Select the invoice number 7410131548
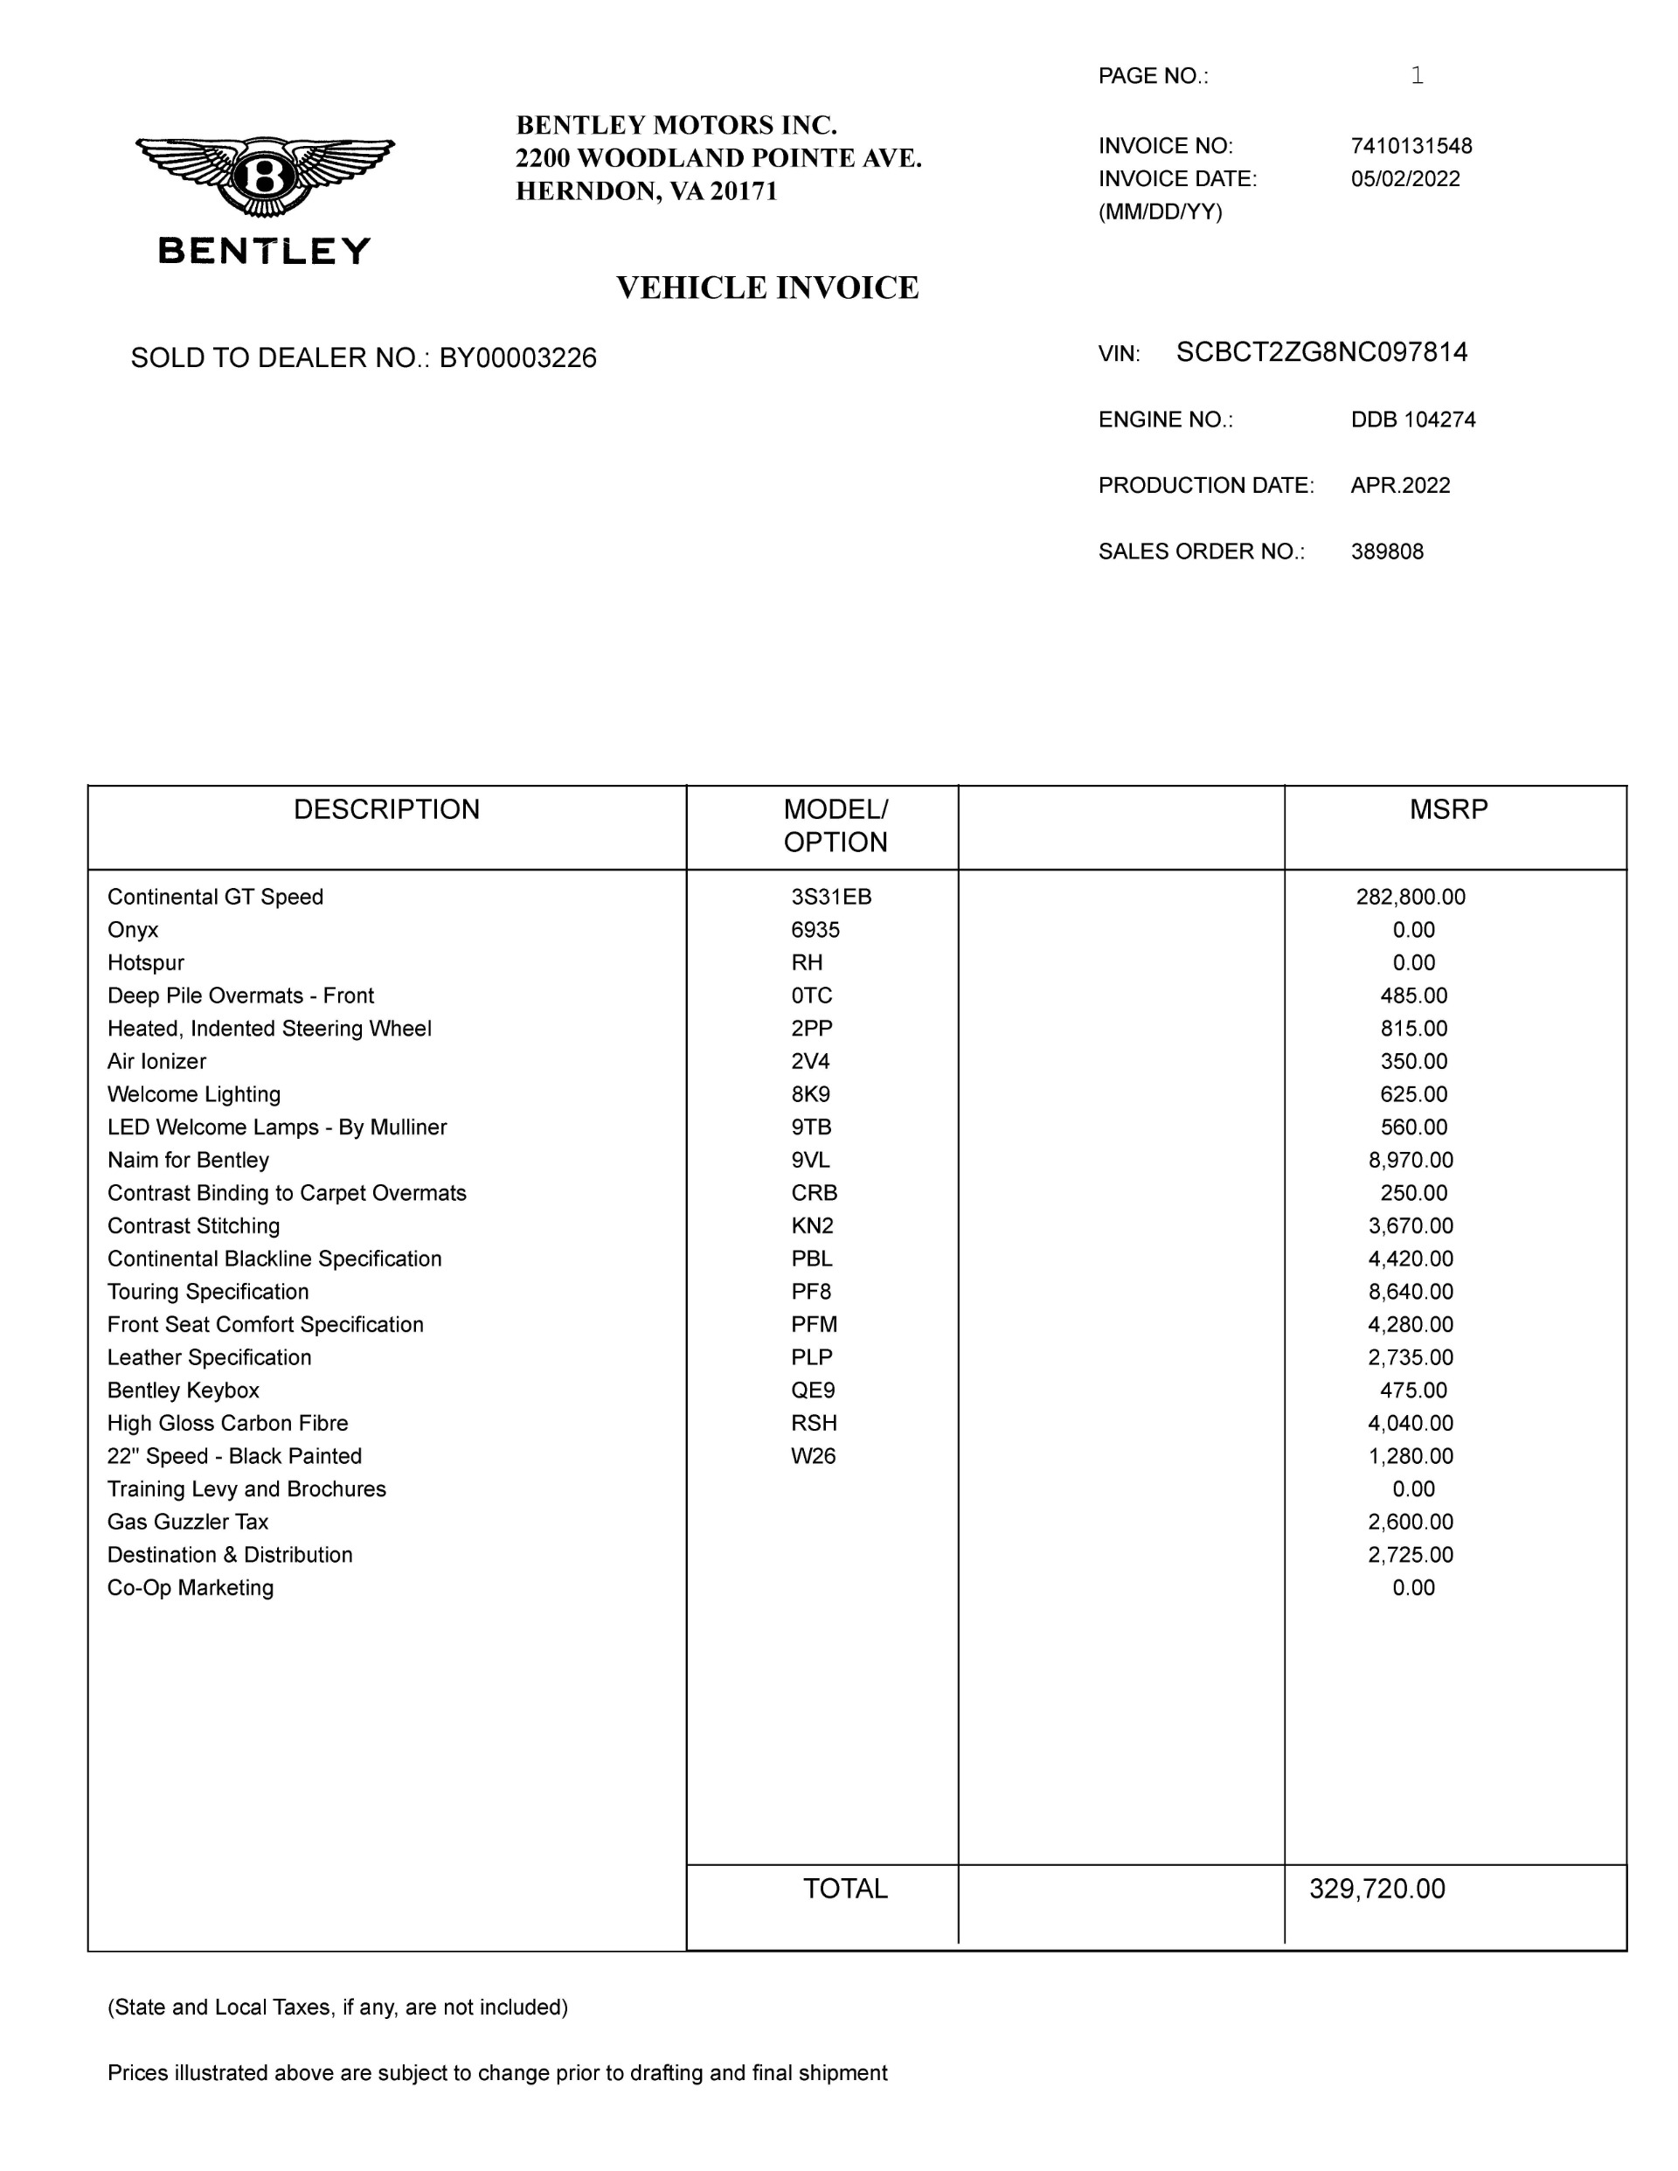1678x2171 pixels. coord(1411,146)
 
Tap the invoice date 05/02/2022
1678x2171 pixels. coord(1404,179)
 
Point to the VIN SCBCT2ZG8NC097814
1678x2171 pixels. coord(1321,353)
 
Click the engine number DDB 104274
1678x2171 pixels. coord(1412,420)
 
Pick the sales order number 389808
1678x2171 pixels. coord(1387,551)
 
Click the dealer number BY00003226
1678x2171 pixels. coord(518,357)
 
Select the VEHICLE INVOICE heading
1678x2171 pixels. coord(767,288)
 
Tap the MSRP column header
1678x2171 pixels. coord(1448,809)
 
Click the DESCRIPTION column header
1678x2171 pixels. coord(386,809)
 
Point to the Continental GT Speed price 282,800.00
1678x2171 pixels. coord(1411,897)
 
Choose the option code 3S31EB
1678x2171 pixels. coord(831,897)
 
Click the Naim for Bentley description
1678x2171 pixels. coord(188,1160)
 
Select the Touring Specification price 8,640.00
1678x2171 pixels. coord(1411,1291)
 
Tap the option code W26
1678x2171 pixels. coord(813,1456)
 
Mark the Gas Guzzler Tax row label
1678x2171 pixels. coord(188,1522)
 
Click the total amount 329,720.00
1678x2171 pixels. coord(1376,1889)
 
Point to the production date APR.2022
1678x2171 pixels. coord(1400,485)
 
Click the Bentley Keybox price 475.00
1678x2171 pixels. coord(1413,1390)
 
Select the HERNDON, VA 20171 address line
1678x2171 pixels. coord(646,191)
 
